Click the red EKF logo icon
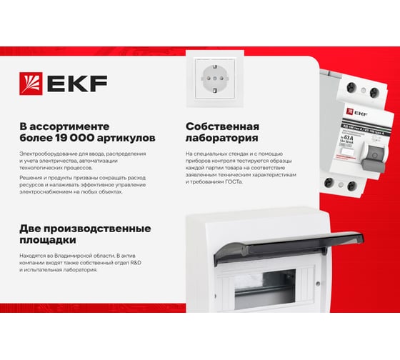(32, 83)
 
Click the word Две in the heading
(34, 229)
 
